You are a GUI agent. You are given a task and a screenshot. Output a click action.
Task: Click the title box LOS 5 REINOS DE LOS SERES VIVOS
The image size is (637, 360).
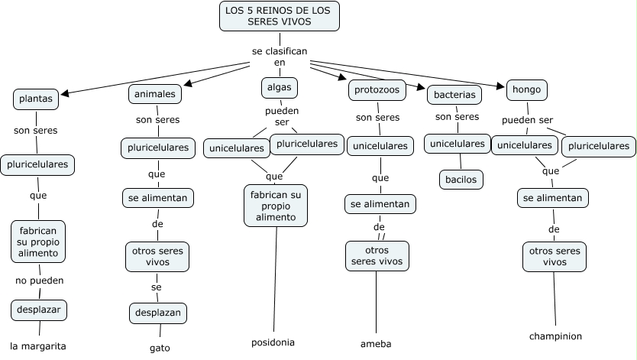tap(279, 16)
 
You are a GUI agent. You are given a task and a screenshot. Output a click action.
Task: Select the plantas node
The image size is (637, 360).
tap(36, 99)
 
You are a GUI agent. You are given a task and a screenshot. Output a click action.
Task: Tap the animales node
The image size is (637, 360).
tap(155, 94)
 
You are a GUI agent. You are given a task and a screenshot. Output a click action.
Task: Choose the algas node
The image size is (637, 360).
tap(279, 87)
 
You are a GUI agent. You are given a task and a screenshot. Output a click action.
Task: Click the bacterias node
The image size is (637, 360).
tap(454, 96)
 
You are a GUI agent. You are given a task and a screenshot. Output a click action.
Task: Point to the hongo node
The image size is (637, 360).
tap(526, 89)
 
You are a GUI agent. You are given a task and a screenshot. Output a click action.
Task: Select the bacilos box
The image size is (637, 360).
tap(461, 180)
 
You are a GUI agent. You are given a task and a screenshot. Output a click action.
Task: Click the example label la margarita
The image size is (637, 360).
tap(38, 345)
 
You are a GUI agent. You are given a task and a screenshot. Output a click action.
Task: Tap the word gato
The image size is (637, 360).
tap(160, 348)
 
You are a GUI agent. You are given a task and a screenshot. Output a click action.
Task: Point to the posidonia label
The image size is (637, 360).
tap(273, 342)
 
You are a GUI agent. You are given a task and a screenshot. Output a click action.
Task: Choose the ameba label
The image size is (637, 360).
tap(376, 344)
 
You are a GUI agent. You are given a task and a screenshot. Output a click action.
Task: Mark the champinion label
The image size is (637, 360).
tap(555, 336)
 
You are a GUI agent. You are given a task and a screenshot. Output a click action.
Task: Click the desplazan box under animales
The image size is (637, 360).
tap(157, 313)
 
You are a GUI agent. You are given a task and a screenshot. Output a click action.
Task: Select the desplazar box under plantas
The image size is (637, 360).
tap(38, 310)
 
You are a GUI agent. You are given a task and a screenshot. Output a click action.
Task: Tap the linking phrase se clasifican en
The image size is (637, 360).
tap(280, 56)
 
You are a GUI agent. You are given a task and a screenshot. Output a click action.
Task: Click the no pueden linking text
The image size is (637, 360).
tap(39, 281)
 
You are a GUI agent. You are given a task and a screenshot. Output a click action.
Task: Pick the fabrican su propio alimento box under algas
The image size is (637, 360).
tap(276, 206)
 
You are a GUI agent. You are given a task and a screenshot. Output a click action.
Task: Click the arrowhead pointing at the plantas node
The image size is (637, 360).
tap(64, 95)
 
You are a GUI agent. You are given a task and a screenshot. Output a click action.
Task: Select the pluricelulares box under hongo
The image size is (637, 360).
tap(600, 145)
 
